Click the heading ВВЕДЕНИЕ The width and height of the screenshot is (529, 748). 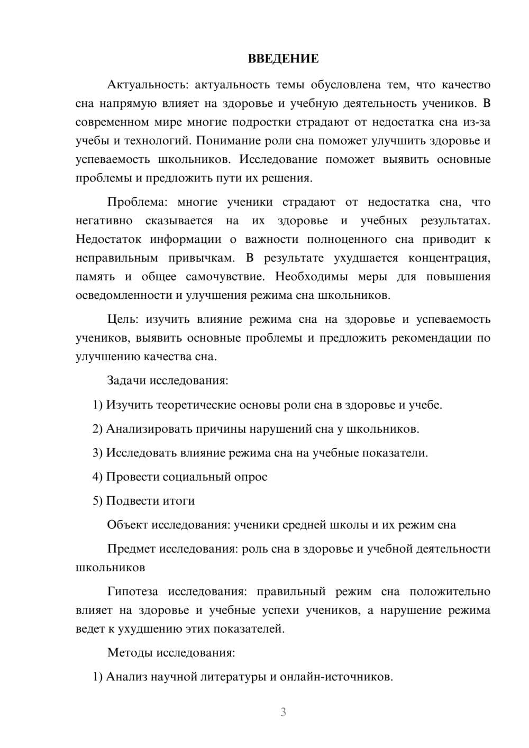[x=283, y=59]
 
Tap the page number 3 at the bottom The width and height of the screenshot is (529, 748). [x=283, y=712]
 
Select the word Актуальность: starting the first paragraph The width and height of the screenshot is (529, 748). [x=139, y=85]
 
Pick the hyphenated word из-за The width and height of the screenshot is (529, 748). [x=477, y=122]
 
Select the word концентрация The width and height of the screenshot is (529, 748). [x=449, y=258]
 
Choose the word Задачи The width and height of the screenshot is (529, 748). [x=126, y=380]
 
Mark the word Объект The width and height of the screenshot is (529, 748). [x=127, y=525]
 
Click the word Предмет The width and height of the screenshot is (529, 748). [x=131, y=549]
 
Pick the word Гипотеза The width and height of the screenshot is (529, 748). [x=133, y=591]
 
